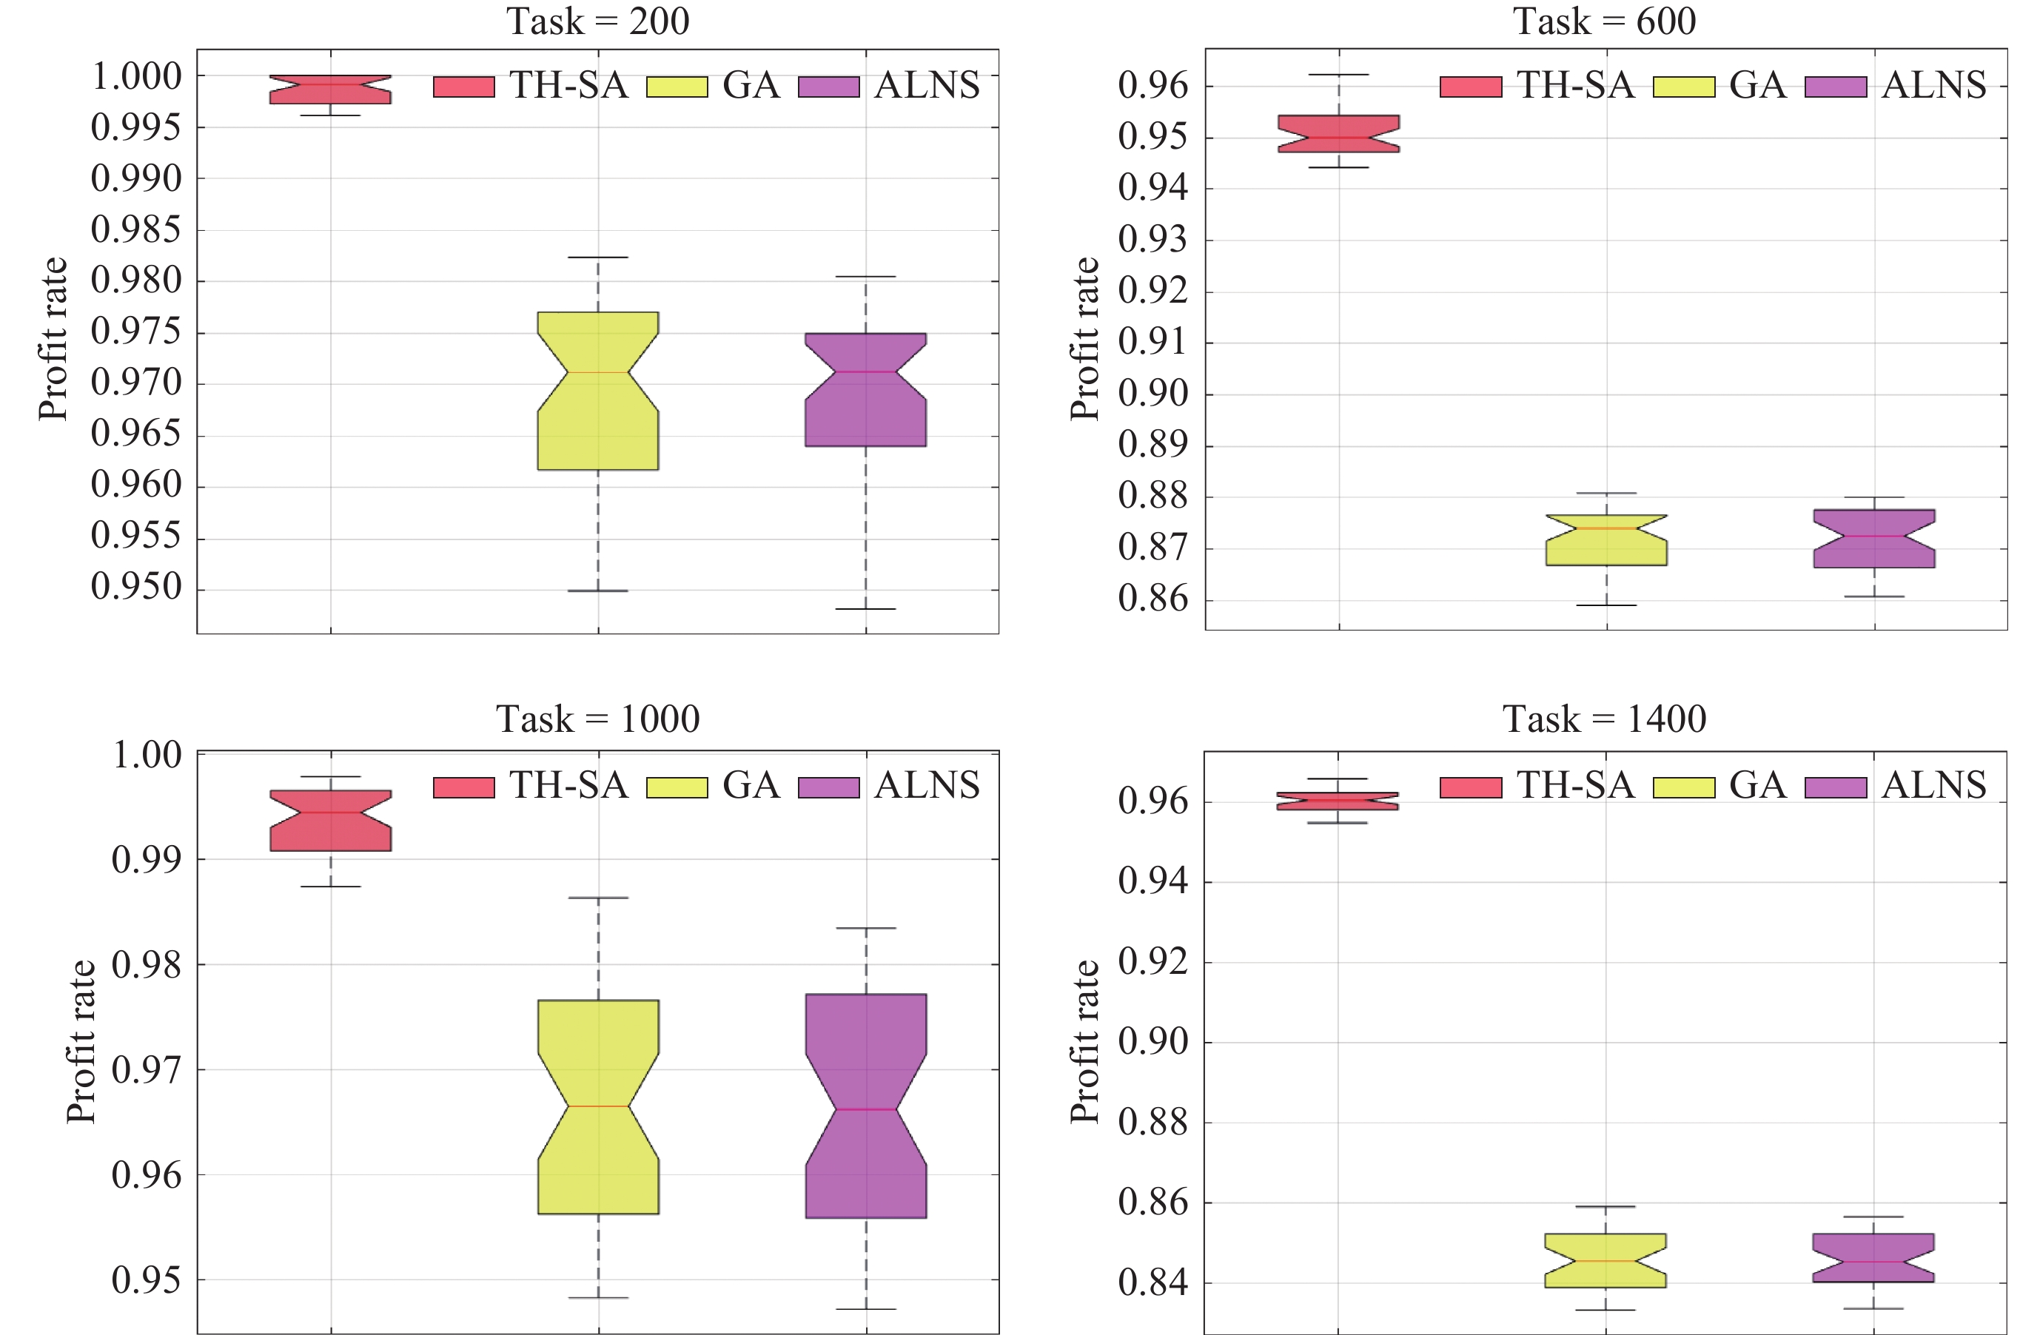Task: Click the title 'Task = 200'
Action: click(x=597, y=21)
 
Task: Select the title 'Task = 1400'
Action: click(x=1604, y=718)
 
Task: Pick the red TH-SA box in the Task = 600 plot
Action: click(x=1338, y=134)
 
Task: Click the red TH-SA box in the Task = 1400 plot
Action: click(x=1337, y=801)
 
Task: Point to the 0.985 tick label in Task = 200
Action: click(x=136, y=229)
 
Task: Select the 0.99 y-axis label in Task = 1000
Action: click(x=147, y=858)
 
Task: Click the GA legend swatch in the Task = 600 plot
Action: click(x=1683, y=87)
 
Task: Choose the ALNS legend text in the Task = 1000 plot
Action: click(x=927, y=785)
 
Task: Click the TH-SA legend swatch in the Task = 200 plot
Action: click(x=463, y=87)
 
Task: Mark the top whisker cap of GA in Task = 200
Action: click(x=597, y=257)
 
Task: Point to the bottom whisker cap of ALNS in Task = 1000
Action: click(x=866, y=1308)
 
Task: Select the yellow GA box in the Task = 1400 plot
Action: click(x=1606, y=1260)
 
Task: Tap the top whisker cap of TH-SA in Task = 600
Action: click(x=1338, y=75)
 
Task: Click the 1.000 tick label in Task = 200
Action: click(x=136, y=76)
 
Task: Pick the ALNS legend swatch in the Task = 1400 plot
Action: click(x=1835, y=787)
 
